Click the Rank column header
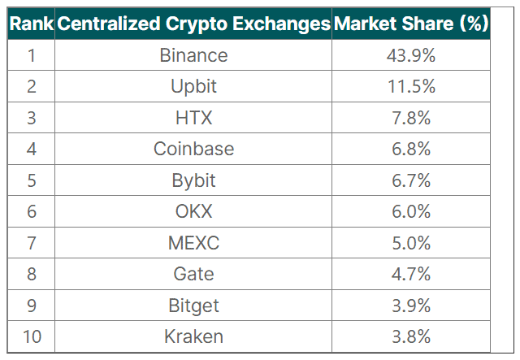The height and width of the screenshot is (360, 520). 31,24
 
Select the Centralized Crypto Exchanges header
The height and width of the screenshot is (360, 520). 193,24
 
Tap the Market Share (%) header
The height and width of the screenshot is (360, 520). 411,24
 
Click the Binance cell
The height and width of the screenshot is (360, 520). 193,55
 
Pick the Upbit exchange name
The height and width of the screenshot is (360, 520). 193,86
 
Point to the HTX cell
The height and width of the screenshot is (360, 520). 193,118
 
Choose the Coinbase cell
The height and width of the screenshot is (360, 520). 193,149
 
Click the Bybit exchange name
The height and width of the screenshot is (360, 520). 193,180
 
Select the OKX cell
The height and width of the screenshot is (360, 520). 193,211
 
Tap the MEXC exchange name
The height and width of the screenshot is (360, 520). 193,242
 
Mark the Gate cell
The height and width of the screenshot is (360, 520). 193,274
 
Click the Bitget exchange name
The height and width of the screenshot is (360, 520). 193,305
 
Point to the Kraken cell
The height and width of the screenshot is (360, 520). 193,336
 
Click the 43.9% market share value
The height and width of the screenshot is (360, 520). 411,55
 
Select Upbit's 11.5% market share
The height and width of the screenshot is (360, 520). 411,86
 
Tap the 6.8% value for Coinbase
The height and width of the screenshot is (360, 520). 411,149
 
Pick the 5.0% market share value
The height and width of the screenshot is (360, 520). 411,242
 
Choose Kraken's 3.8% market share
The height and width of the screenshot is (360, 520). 411,336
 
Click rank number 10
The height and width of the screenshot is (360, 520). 31,336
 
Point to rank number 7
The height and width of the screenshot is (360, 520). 31,242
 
